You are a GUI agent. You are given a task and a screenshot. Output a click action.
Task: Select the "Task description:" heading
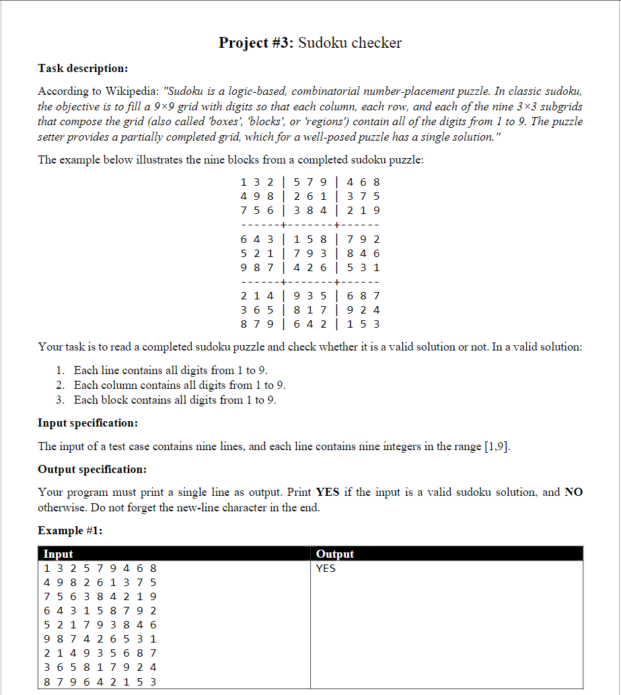click(x=83, y=68)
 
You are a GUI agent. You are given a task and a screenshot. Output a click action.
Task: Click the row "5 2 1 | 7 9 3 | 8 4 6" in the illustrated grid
click(x=310, y=253)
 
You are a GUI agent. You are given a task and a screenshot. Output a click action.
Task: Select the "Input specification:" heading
click(x=87, y=423)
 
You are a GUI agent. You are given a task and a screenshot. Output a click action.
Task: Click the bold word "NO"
click(x=573, y=492)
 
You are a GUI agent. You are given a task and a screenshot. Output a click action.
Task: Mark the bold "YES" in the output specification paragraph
click(x=328, y=492)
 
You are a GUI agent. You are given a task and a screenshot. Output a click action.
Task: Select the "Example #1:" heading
click(x=70, y=530)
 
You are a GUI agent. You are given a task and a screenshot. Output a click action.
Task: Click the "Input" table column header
click(x=59, y=554)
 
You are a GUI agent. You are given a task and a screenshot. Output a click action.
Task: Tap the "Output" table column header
click(x=334, y=554)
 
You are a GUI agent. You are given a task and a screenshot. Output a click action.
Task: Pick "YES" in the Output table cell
click(x=326, y=568)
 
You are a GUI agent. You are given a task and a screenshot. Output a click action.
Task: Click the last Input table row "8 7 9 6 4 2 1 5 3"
click(x=100, y=681)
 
